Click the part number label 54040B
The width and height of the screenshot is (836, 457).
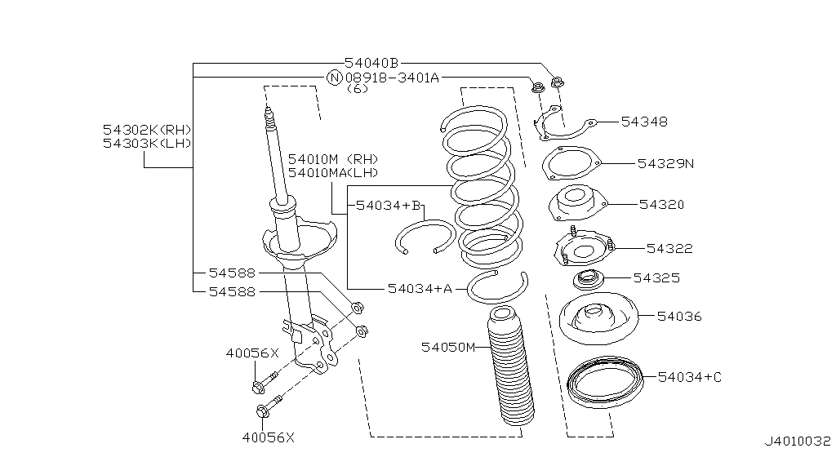pyautogui.click(x=371, y=63)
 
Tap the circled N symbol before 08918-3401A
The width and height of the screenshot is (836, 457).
pyautogui.click(x=334, y=78)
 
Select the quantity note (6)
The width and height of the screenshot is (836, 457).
pyautogui.click(x=358, y=89)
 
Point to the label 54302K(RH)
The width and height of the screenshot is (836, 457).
pyautogui.click(x=147, y=130)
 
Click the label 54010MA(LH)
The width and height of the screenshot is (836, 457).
pyautogui.click(x=333, y=172)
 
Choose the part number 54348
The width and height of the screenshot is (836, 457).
pyautogui.click(x=644, y=122)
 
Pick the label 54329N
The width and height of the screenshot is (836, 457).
pyautogui.click(x=665, y=163)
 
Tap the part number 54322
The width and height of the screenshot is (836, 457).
pyautogui.click(x=669, y=248)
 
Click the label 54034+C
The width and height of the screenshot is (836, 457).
pyautogui.click(x=689, y=376)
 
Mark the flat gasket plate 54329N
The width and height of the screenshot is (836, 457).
pyautogui.click(x=570, y=162)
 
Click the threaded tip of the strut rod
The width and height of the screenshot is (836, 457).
pyautogui.click(x=268, y=120)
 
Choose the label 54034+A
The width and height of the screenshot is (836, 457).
pyautogui.click(x=420, y=288)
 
